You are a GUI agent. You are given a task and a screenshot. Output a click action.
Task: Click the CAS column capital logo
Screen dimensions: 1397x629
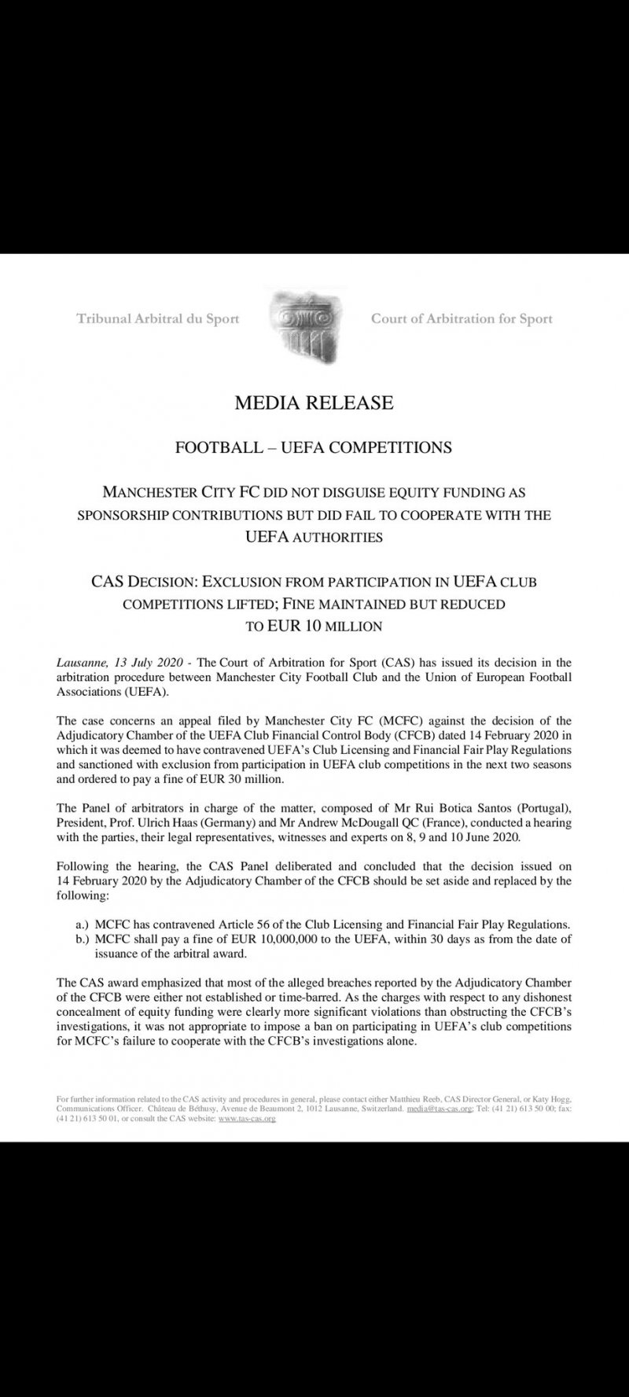303,320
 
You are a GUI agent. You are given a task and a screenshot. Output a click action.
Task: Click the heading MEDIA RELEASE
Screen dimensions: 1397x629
314,403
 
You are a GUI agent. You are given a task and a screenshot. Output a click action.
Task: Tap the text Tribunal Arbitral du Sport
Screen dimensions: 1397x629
157,319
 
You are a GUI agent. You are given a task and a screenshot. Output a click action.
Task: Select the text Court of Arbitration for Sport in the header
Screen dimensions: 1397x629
462,319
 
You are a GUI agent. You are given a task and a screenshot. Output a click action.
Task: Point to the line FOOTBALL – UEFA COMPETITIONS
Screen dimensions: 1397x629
313,448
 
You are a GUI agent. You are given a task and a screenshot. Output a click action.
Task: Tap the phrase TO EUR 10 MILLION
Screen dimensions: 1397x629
314,627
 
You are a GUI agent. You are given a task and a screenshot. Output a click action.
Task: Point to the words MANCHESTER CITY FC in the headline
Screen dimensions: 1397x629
176,494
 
